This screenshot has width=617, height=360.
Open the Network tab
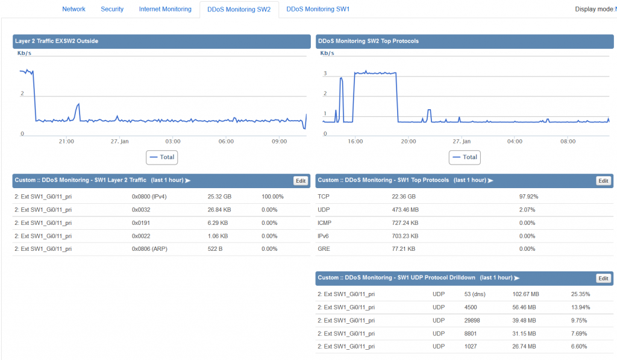point(74,9)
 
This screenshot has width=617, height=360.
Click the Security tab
point(112,9)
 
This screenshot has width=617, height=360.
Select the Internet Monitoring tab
point(165,9)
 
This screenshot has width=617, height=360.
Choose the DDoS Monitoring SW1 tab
point(318,9)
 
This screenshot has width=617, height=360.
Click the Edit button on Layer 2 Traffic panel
point(300,180)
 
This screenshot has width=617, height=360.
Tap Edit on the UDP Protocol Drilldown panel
point(603,278)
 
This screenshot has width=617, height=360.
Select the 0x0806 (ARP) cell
point(149,248)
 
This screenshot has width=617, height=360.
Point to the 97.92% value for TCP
point(528,197)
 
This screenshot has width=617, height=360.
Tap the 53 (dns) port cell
point(475,294)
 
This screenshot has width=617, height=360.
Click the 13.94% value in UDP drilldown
point(580,308)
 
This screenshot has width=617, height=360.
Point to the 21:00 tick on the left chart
point(66,141)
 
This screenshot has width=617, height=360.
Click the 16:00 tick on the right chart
point(355,141)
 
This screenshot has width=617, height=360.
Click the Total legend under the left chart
point(161,157)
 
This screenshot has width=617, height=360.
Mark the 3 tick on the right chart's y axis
point(325,74)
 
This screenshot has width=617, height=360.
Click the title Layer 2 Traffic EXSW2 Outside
point(57,41)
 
